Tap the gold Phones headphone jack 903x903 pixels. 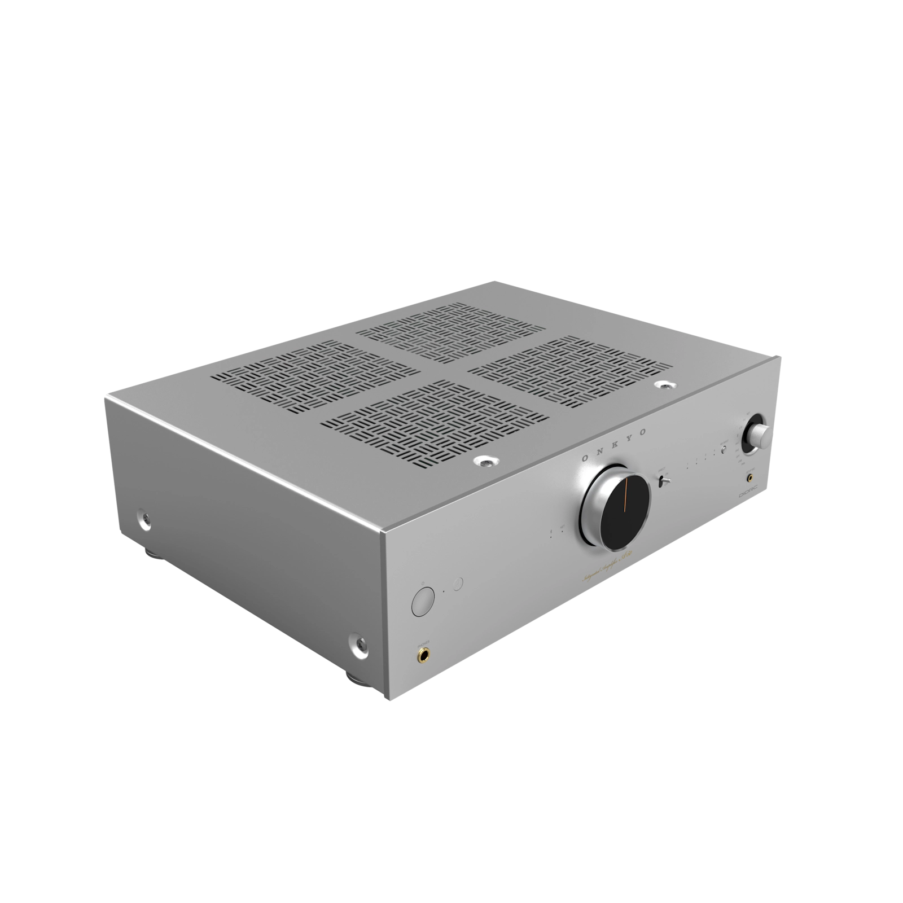point(422,655)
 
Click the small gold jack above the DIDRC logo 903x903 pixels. point(751,477)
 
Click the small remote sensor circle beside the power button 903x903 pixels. point(458,583)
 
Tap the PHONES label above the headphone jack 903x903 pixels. point(423,642)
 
